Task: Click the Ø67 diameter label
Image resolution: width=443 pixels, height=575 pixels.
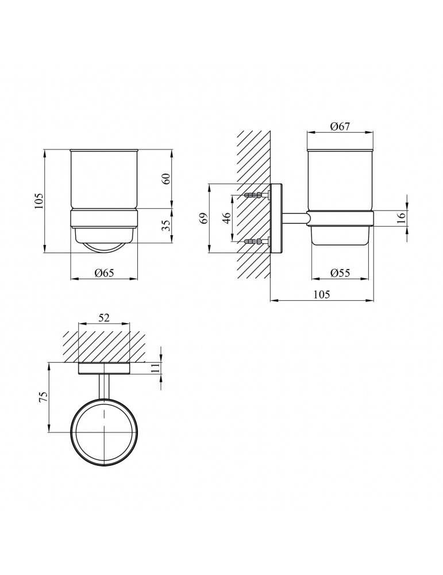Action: (340, 126)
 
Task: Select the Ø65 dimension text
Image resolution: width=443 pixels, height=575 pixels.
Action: (104, 273)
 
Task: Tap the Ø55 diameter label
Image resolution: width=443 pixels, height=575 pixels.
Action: (340, 273)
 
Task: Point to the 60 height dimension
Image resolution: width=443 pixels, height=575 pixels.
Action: (166, 179)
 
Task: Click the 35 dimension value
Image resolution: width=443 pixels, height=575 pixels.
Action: (166, 225)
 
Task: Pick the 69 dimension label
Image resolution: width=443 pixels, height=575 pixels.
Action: (204, 218)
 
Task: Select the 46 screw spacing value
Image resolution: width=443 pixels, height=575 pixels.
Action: (226, 218)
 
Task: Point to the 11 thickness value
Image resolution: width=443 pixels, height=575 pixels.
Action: (156, 368)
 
